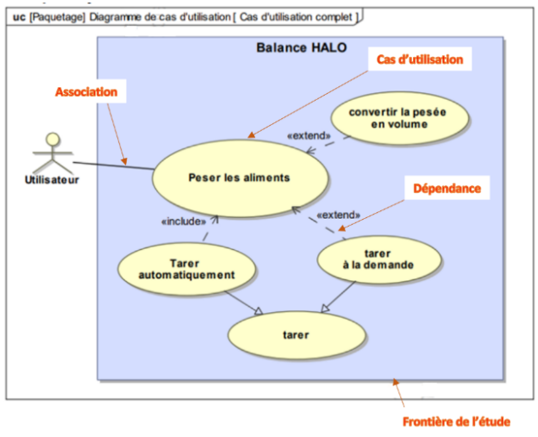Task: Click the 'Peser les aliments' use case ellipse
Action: [239, 178]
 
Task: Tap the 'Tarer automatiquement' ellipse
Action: [187, 269]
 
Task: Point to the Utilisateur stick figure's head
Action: [53, 139]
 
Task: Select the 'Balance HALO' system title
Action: [301, 48]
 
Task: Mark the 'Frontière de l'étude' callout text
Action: [456, 421]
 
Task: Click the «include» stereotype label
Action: [183, 222]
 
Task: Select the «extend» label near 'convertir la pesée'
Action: [308, 136]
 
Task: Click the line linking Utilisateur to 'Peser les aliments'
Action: [112, 165]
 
